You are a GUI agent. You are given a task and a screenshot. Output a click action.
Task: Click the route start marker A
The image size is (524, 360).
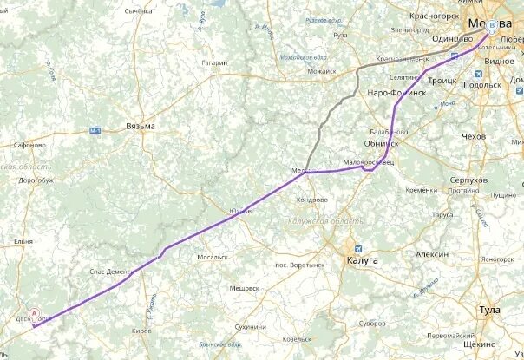[x=35, y=313]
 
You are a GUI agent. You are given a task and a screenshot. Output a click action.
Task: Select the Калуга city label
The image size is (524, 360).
[x=362, y=259]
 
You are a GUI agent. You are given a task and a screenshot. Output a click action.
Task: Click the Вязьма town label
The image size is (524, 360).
[x=140, y=126]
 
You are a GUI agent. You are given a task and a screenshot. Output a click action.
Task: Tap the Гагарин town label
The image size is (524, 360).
[x=213, y=62]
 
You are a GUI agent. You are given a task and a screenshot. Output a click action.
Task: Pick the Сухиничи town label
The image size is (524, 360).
[x=249, y=326]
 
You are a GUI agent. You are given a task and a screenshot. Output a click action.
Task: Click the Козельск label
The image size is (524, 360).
[x=302, y=339]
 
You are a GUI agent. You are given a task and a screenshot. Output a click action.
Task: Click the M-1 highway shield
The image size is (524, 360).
[x=95, y=130]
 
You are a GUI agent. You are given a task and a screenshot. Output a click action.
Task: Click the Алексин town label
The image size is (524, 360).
[x=431, y=255]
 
